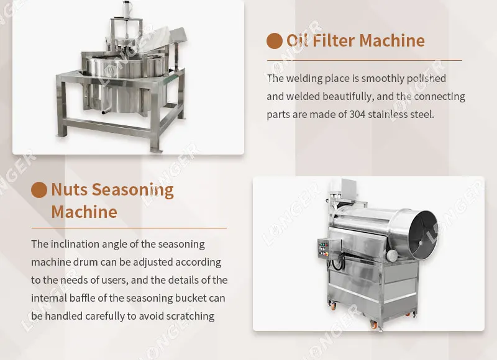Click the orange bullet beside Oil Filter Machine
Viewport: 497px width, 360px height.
coord(275,41)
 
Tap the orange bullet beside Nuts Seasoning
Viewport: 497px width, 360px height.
coord(39,190)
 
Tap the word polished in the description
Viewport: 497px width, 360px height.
coord(424,79)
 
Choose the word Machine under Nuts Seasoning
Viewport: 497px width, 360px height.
coord(84,212)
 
